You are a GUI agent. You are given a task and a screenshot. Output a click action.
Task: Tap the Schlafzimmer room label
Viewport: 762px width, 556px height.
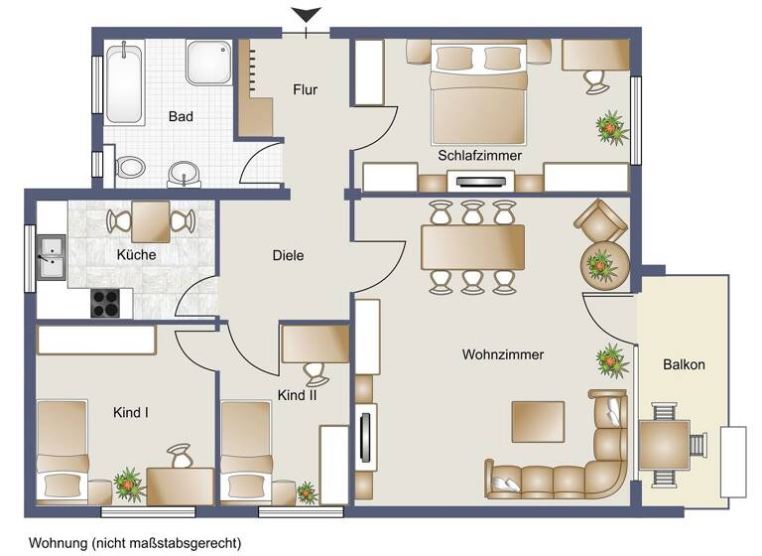click(x=479, y=155)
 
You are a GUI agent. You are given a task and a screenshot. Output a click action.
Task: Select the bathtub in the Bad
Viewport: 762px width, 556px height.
click(x=125, y=81)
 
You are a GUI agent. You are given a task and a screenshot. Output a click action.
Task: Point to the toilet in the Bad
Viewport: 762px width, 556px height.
click(x=128, y=167)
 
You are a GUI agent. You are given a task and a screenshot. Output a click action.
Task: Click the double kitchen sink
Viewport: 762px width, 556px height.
click(x=50, y=255)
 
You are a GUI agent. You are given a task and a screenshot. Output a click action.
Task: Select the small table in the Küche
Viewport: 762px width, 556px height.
click(x=151, y=220)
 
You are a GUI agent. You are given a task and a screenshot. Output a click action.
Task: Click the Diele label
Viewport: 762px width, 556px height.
click(x=288, y=255)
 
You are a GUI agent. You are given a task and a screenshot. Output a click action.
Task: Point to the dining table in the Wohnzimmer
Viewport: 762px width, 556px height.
click(x=472, y=247)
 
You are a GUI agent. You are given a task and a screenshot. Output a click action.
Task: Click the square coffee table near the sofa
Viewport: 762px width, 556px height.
click(x=538, y=421)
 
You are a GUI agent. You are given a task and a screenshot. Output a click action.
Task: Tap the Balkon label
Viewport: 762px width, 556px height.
click(x=684, y=364)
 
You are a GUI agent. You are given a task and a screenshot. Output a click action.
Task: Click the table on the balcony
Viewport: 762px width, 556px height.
click(x=664, y=445)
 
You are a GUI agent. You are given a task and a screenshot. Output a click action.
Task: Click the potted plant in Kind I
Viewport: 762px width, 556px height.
click(x=129, y=484)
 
